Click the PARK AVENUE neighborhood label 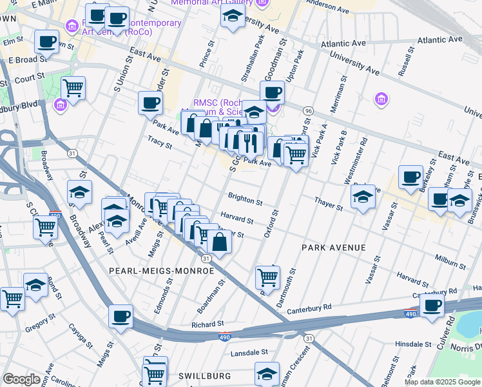click(334, 248)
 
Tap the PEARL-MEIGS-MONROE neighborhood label click(161, 271)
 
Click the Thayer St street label click(329, 206)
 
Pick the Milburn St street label click(450, 264)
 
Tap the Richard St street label click(207, 324)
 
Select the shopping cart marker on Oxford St click(267, 277)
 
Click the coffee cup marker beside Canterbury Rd click(433, 305)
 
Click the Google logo click(22, 379)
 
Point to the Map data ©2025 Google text click(442, 382)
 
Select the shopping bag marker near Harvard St click(219, 243)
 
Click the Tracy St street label click(160, 146)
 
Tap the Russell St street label click(404, 64)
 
